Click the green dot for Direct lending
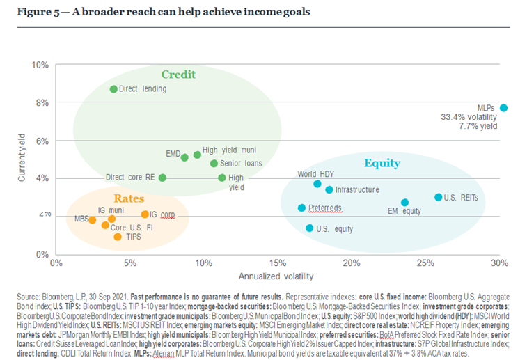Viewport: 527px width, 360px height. click(x=113, y=89)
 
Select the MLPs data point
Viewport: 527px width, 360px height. click(x=504, y=108)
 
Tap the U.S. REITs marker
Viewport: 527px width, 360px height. click(x=439, y=197)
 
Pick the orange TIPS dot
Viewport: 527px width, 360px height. click(x=118, y=237)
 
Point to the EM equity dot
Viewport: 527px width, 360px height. click(x=405, y=203)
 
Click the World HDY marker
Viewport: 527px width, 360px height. click(x=317, y=184)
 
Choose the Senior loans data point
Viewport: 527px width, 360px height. click(x=214, y=164)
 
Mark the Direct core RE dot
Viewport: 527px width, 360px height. click(x=162, y=178)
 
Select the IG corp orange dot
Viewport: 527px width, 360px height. click(x=145, y=214)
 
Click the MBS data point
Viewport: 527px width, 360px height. click(x=93, y=219)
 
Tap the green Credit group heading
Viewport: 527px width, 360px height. click(x=178, y=75)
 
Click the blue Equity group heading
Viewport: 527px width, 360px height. click(x=382, y=164)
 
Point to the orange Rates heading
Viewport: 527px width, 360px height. click(x=129, y=198)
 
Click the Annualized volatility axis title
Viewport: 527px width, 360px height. click(x=276, y=276)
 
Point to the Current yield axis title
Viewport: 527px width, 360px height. click(x=21, y=159)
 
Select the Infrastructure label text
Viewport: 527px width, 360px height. click(x=357, y=189)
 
